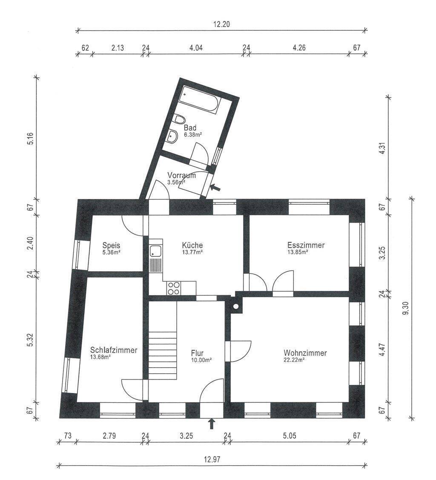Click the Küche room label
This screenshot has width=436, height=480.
coord(192,245)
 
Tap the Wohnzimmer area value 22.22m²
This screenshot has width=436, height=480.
coord(294,360)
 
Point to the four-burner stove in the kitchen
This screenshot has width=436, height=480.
coord(174,288)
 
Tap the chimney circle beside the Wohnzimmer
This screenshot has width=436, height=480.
coord(236,306)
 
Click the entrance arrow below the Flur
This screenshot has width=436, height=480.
coord(212,424)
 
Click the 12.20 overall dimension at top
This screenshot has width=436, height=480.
coord(221,24)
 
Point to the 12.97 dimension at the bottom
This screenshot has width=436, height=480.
coord(212,460)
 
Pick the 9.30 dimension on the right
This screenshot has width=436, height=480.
coord(406,308)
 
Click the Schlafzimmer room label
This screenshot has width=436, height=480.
coord(114,350)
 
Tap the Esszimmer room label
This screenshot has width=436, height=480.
coord(306,245)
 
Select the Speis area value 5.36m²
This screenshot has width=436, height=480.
coord(111,253)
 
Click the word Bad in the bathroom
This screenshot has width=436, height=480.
coord(190,128)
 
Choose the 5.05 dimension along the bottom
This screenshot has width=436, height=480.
coord(290,436)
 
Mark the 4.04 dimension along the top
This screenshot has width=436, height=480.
coord(196,48)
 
